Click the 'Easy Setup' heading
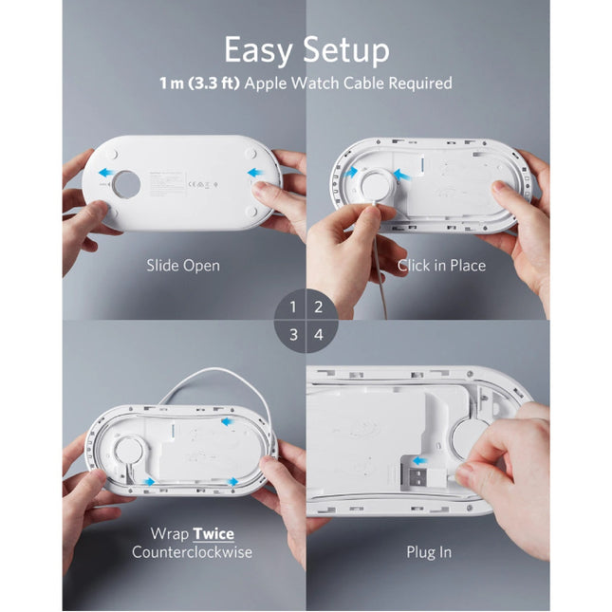(306, 48)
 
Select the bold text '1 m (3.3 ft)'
(200, 83)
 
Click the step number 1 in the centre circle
(294, 306)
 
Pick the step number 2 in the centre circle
(319, 306)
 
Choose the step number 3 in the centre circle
(294, 334)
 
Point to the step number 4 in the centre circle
(319, 334)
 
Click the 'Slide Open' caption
(183, 266)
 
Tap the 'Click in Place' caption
(441, 266)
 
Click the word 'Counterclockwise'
(192, 552)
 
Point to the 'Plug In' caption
(429, 551)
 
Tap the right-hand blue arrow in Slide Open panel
(255, 173)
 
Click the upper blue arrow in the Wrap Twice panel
(227, 421)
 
